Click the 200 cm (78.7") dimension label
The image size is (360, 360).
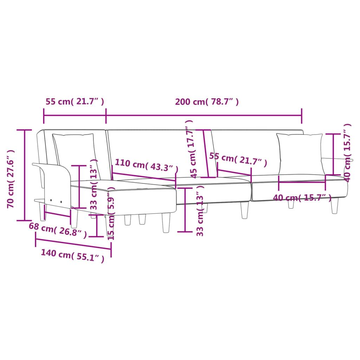coord(207,102)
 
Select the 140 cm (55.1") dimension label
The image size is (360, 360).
coord(72,256)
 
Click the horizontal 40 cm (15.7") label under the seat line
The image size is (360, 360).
coord(302,198)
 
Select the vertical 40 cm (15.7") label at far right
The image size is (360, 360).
coord(347,152)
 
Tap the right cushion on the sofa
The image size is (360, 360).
coord(300,153)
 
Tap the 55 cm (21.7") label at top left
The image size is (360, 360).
coord(75,102)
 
